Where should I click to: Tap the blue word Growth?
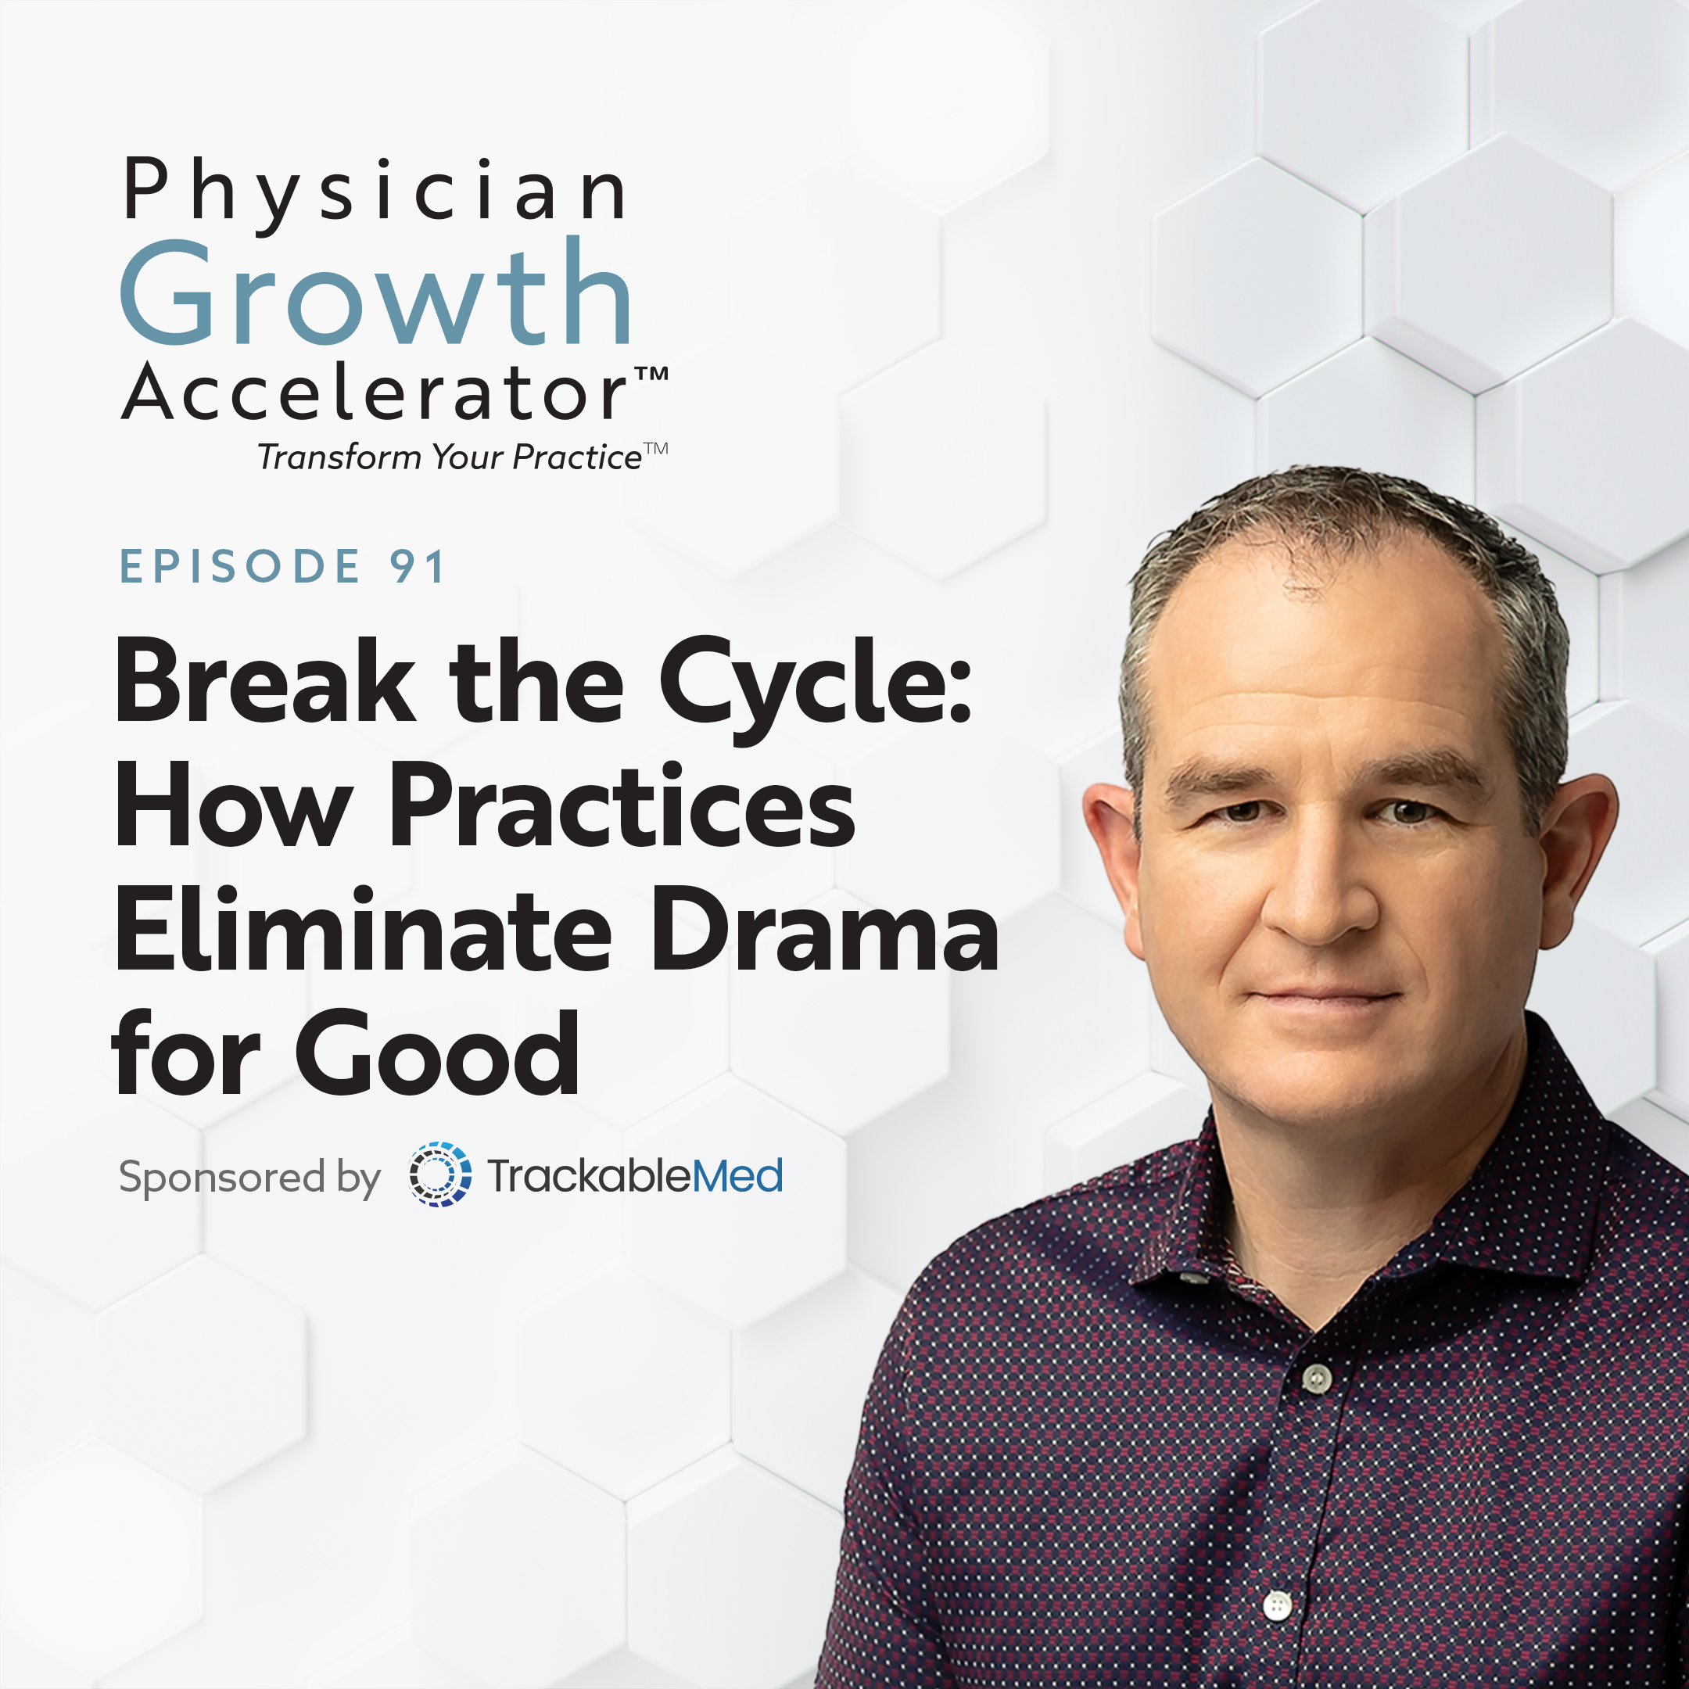376,293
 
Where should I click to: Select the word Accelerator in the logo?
375,392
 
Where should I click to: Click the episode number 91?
418,565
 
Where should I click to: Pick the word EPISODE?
239,565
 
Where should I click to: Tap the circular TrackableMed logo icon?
439,1174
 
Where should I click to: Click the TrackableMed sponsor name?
635,1175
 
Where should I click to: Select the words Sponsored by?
249,1178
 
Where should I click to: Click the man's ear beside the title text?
1112,866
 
